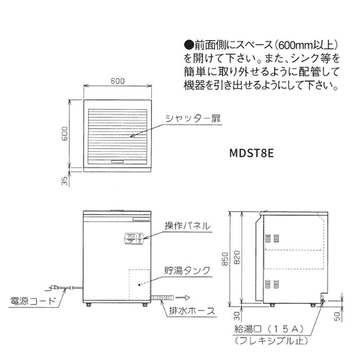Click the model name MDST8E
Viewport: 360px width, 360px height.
click(x=251, y=153)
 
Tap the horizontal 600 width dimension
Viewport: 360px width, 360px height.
click(x=118, y=81)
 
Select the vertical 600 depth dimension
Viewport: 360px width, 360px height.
click(x=65, y=133)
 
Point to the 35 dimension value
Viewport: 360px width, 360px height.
click(x=65, y=181)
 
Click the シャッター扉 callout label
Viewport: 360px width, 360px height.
click(x=193, y=119)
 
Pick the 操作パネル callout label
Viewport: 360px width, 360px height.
click(x=187, y=226)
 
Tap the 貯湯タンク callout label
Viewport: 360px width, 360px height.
click(x=187, y=270)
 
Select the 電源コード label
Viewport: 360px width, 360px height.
click(x=33, y=301)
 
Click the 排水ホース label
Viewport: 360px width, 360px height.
click(x=192, y=311)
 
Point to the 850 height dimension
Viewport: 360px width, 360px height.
click(x=225, y=259)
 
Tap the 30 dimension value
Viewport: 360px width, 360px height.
click(x=237, y=316)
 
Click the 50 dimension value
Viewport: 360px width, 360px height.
click(x=337, y=317)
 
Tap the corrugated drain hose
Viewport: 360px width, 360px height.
click(x=163, y=298)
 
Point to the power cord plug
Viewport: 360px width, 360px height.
click(x=54, y=287)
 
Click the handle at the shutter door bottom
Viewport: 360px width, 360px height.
click(x=118, y=161)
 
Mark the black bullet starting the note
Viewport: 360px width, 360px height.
click(x=189, y=46)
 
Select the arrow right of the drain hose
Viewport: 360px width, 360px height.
click(x=183, y=298)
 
